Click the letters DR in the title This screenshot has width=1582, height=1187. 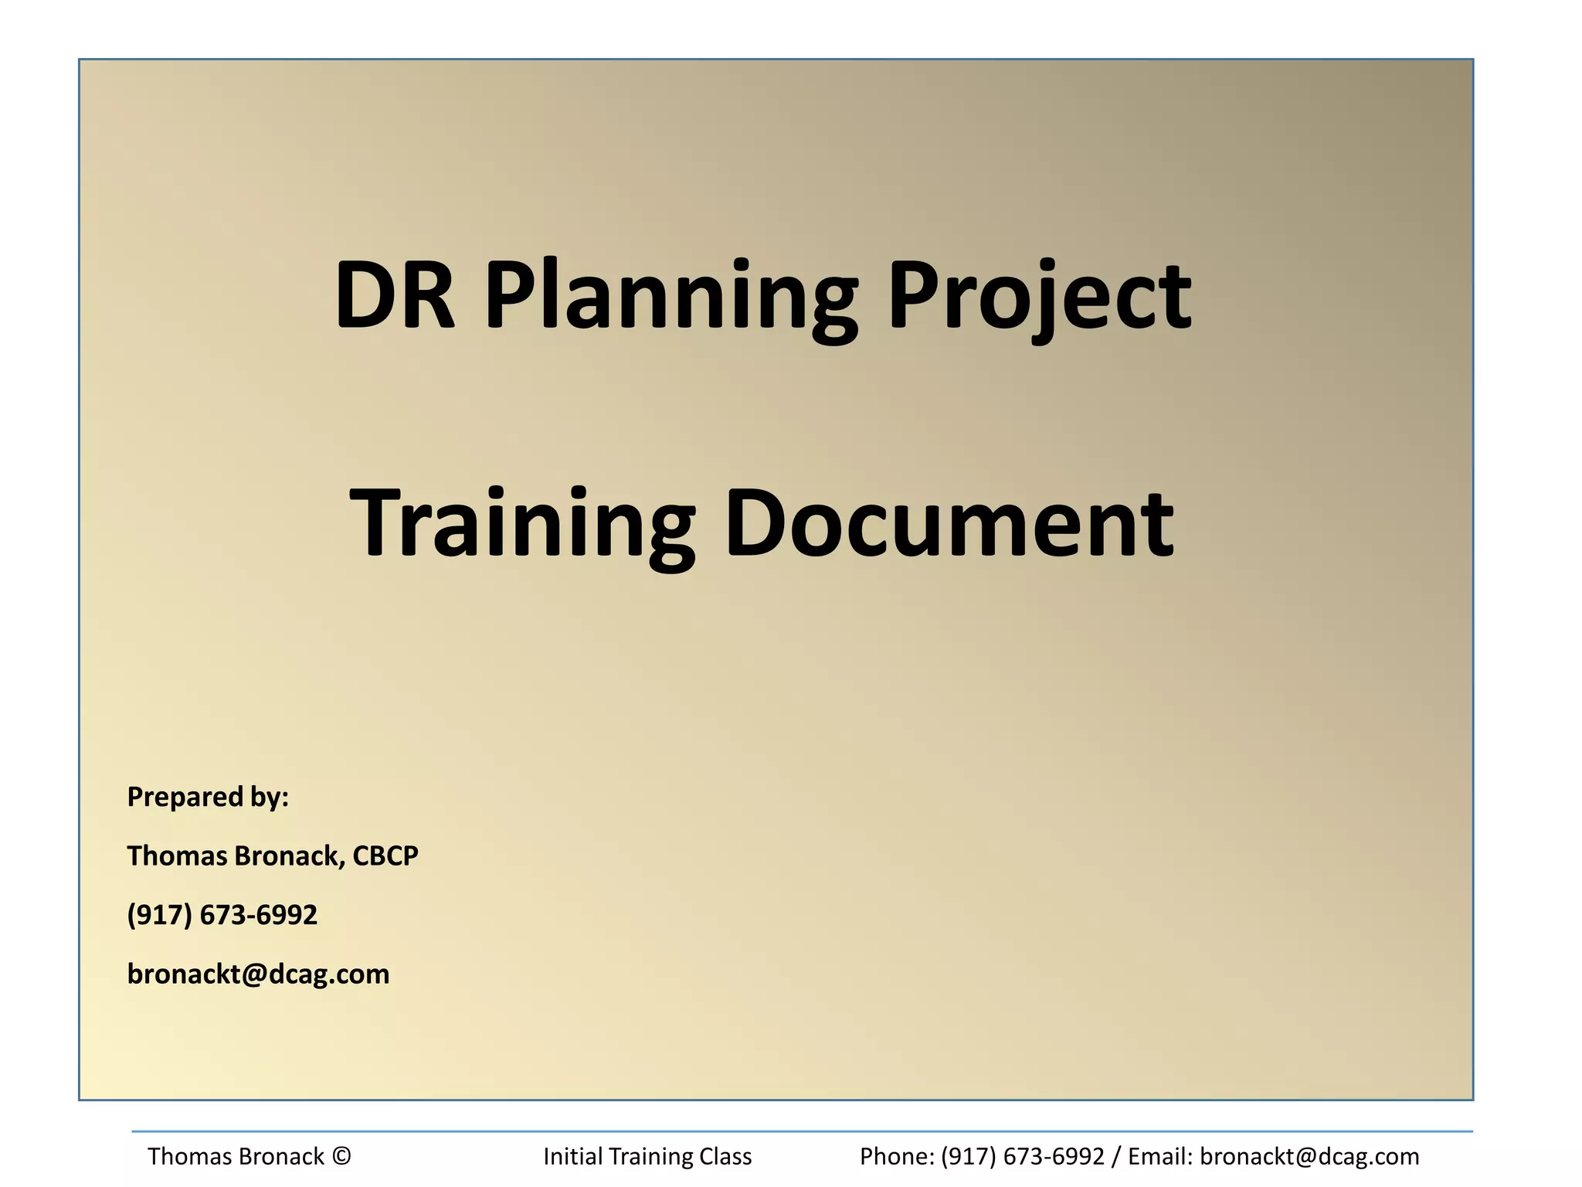point(395,295)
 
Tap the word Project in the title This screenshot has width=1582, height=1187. point(1039,298)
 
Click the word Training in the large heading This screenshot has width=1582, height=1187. point(522,524)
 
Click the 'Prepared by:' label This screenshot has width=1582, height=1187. point(208,797)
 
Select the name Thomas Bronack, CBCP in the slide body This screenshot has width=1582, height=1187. point(273,855)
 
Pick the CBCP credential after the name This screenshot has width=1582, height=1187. point(385,855)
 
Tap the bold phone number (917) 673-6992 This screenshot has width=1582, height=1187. point(222,915)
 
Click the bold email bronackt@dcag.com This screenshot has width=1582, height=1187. point(258,974)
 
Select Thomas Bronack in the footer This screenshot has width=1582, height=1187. point(236,1156)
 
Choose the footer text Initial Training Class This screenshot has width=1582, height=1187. point(647,1156)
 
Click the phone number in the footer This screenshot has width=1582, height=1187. point(1023,1156)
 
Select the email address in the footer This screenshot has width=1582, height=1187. point(1309,1156)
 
